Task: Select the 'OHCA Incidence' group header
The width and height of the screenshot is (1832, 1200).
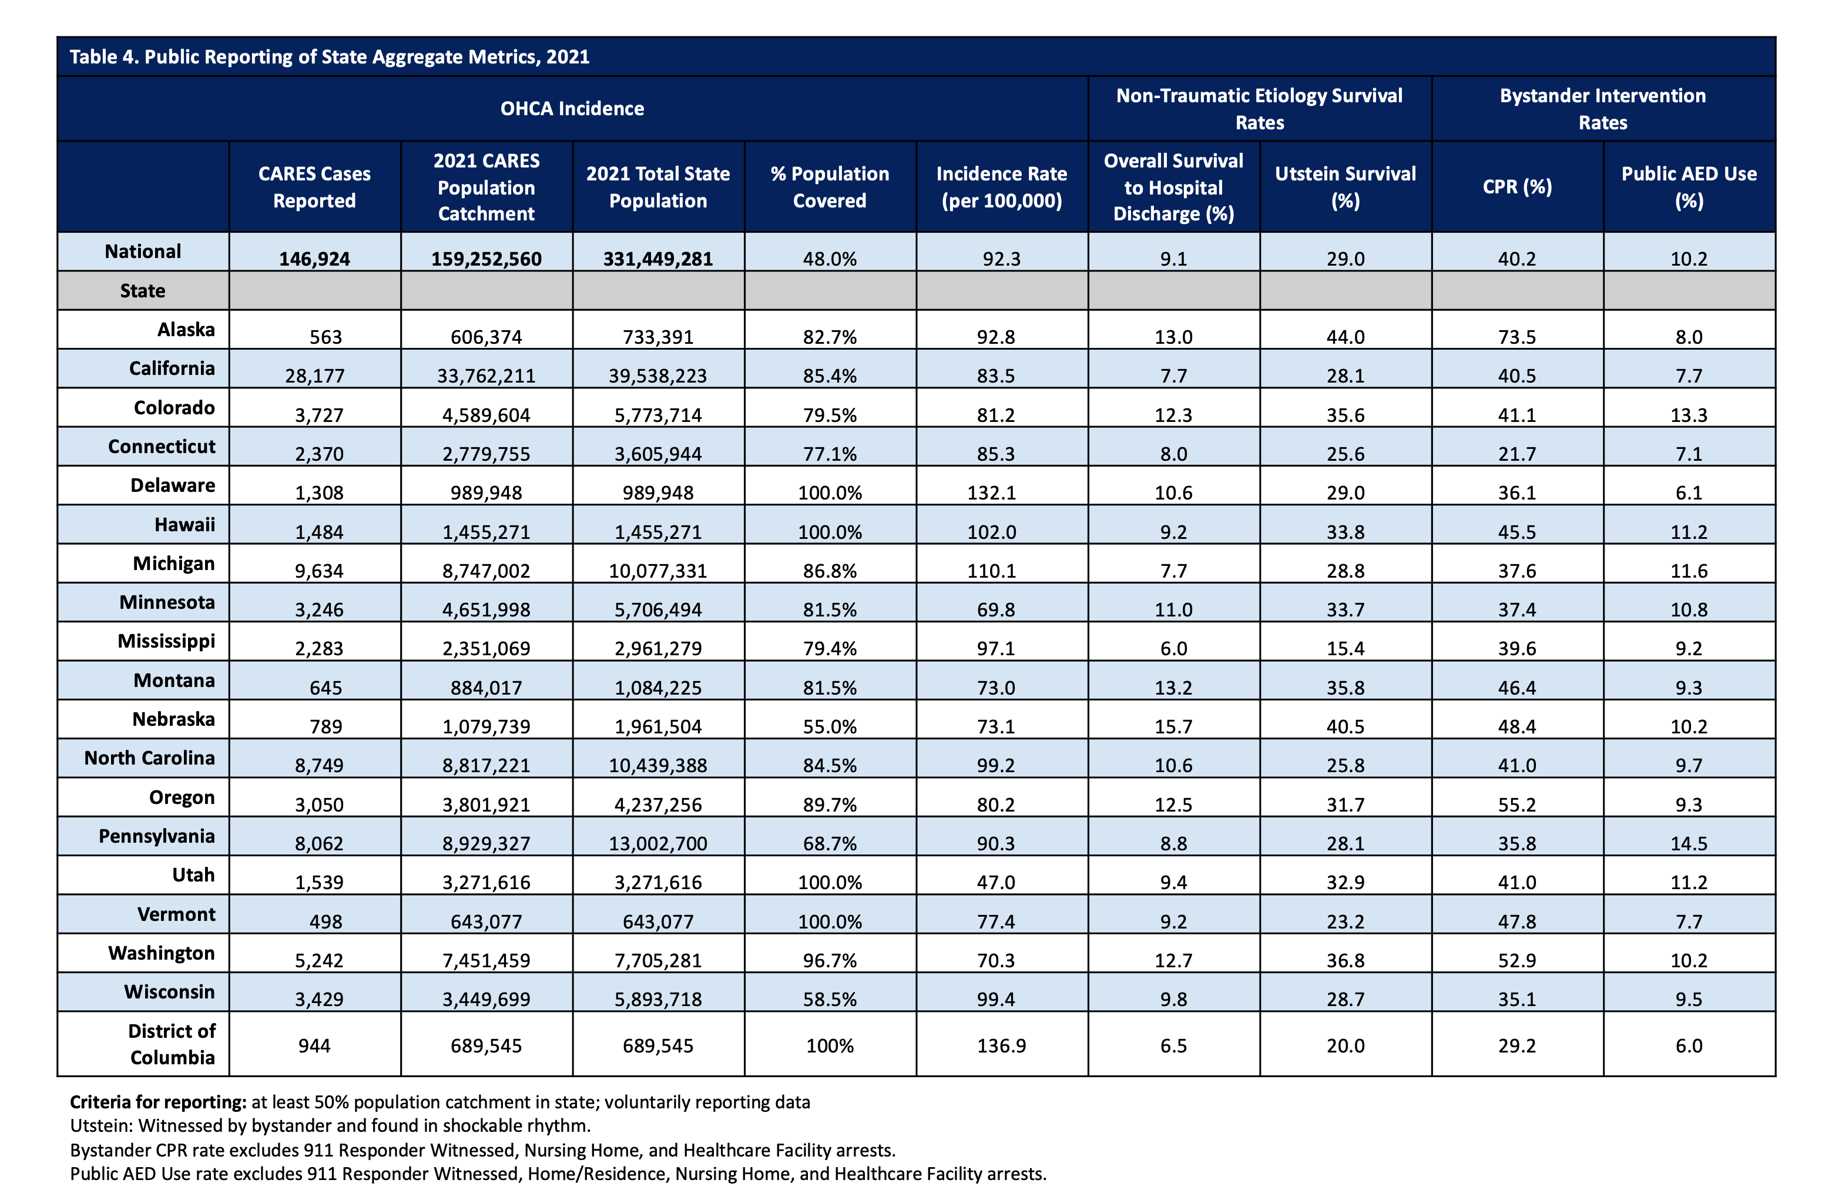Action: [x=572, y=109]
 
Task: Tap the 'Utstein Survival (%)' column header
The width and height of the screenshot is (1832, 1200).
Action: [x=1345, y=187]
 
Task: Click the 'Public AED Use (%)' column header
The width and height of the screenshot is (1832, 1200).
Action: [x=1688, y=187]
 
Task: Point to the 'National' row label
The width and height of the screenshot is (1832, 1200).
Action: [x=143, y=252]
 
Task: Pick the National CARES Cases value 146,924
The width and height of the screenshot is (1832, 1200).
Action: [x=314, y=259]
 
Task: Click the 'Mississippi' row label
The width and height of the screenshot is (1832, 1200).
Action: [x=166, y=641]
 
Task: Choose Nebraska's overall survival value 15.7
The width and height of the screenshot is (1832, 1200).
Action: [x=1173, y=726]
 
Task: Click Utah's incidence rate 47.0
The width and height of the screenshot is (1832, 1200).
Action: [x=996, y=882]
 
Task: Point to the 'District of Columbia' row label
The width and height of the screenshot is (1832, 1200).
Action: [x=172, y=1044]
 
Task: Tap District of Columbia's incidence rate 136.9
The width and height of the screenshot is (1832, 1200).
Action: [x=1001, y=1045]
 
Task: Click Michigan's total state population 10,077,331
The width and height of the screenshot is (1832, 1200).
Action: [x=657, y=571]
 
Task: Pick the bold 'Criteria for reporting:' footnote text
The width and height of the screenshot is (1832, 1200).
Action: [x=158, y=1102]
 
